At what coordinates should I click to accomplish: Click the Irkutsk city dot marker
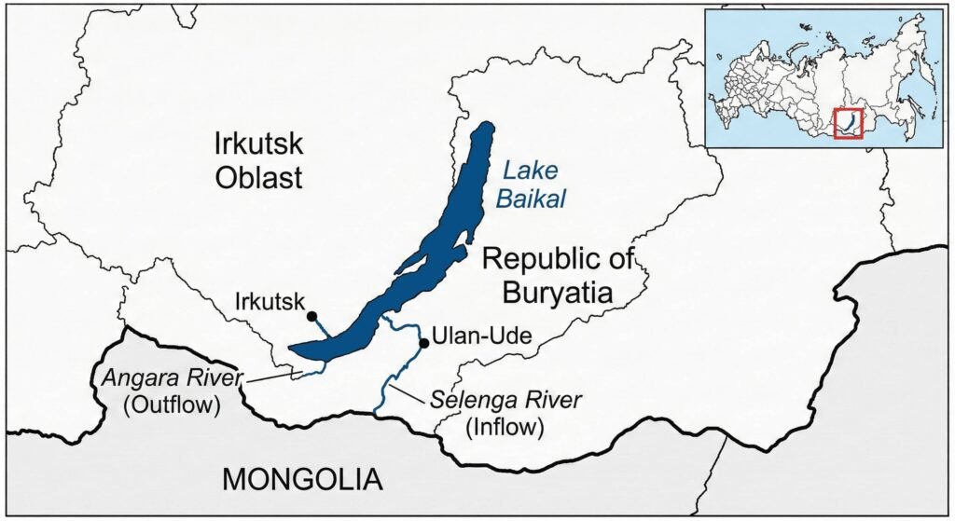[x=311, y=317]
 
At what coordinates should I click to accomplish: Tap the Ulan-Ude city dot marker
[x=424, y=344]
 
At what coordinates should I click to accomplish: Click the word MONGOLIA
[x=303, y=479]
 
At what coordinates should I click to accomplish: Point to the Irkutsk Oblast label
[x=258, y=160]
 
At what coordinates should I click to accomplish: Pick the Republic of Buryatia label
[x=558, y=277]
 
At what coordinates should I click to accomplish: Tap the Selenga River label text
[x=506, y=401]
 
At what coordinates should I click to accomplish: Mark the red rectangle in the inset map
[x=848, y=124]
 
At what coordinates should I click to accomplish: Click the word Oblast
[x=258, y=177]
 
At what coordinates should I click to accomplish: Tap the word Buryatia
[x=558, y=294]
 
